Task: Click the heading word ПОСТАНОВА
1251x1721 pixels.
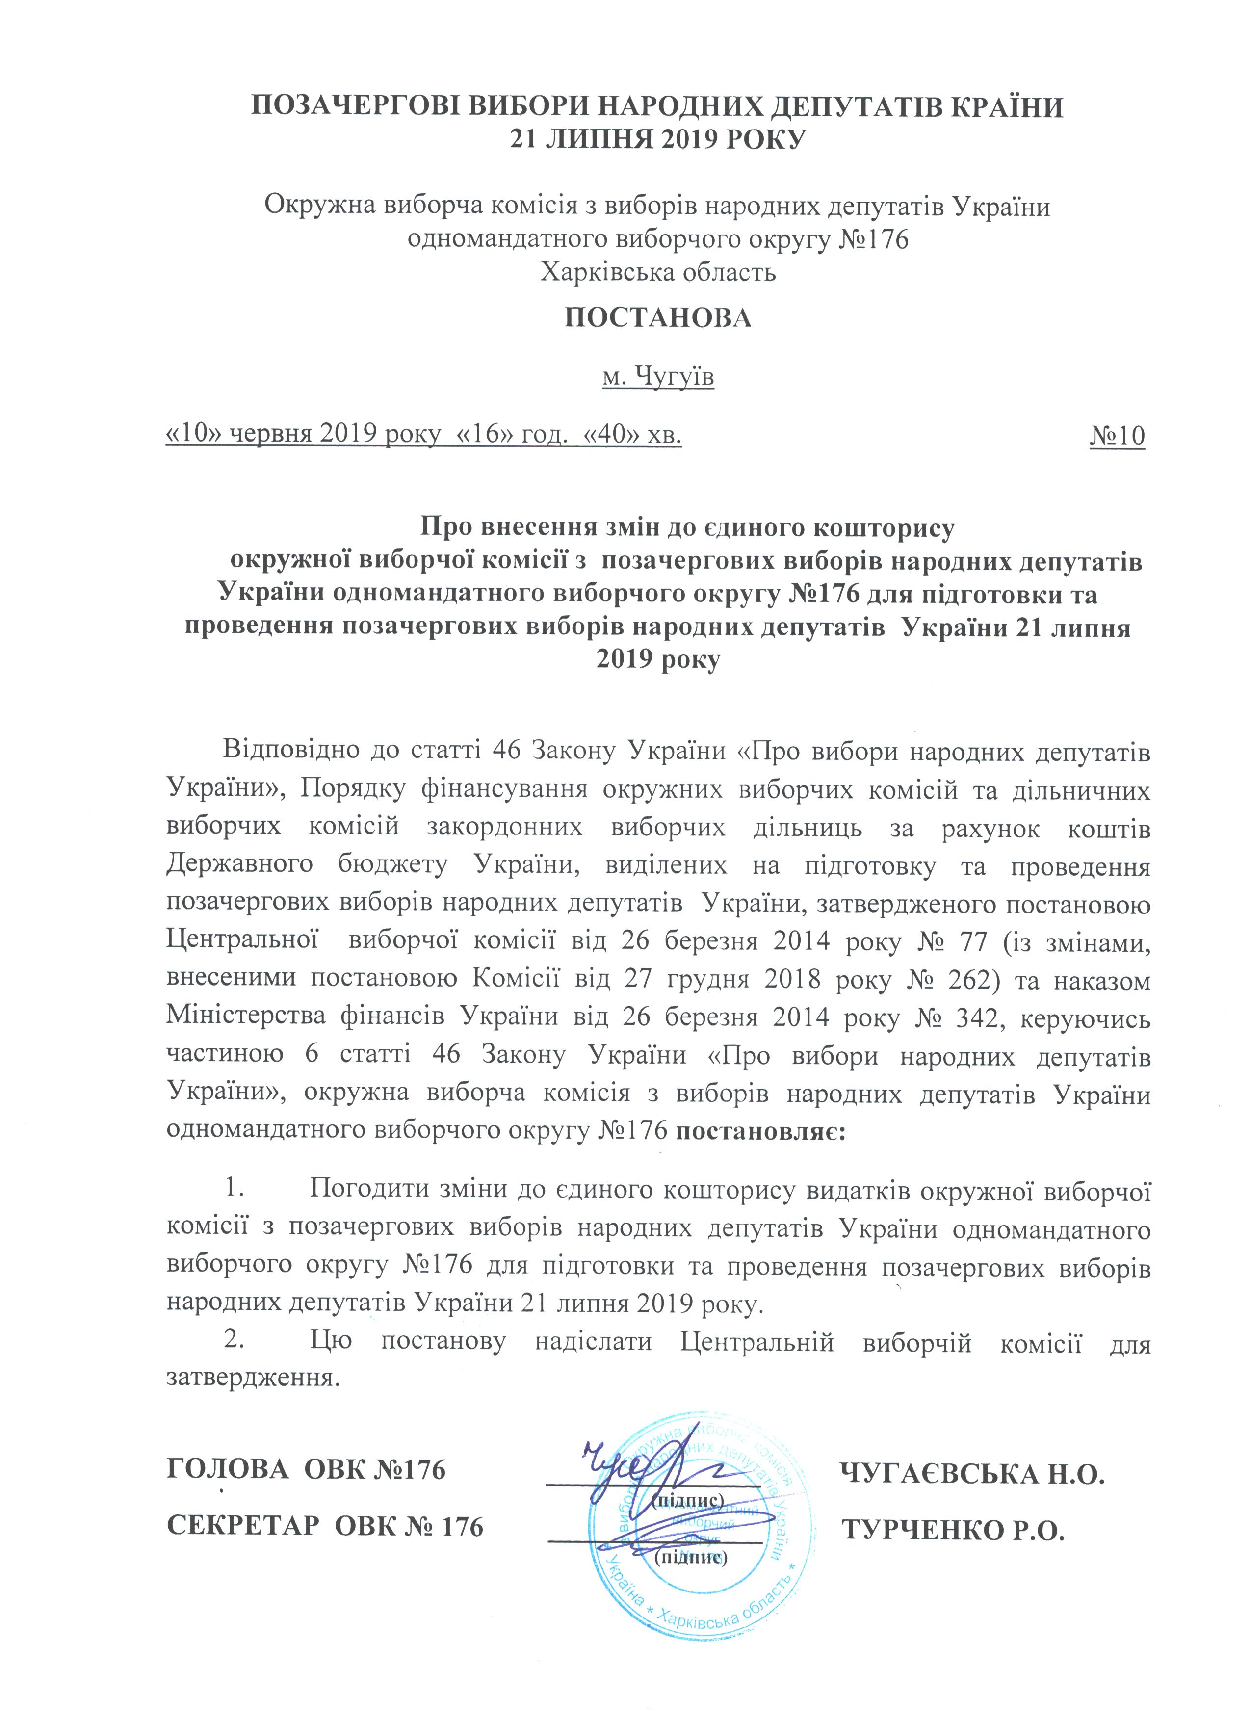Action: (658, 318)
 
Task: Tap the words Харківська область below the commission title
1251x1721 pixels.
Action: (658, 272)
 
